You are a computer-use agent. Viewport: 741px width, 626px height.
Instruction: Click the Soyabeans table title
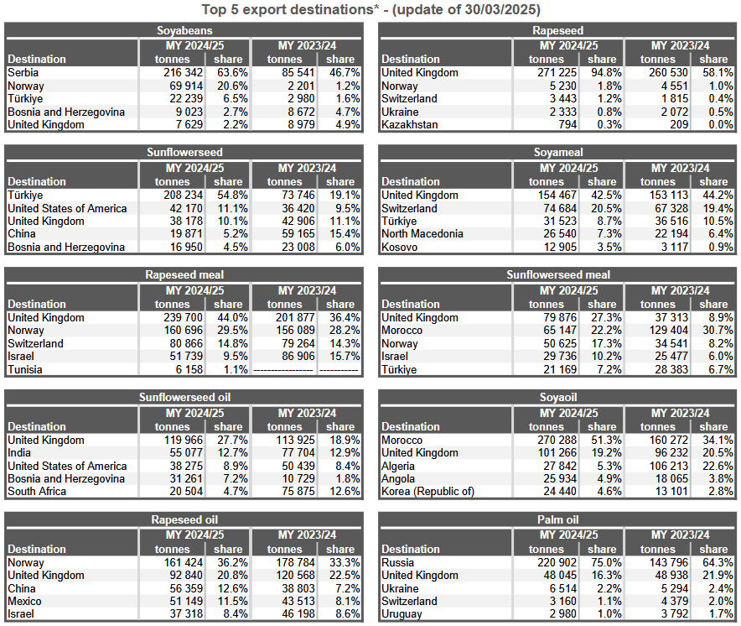[x=184, y=31]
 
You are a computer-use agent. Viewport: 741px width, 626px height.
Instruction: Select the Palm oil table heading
[x=557, y=519]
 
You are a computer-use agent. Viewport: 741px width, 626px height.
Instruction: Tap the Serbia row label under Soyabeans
[x=23, y=72]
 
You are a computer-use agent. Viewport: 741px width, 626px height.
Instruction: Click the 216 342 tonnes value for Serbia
[x=183, y=72]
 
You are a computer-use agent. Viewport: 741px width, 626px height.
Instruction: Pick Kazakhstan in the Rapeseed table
[x=409, y=124]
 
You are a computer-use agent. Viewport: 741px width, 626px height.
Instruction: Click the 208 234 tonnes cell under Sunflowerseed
[x=183, y=195]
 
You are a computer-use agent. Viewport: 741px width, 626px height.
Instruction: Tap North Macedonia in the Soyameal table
[x=422, y=234]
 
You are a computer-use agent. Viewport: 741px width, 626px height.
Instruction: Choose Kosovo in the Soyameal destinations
[x=399, y=247]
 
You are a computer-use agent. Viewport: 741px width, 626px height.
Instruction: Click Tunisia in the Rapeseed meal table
[x=24, y=369]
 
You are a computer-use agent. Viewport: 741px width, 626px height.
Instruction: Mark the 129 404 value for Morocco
[x=669, y=331]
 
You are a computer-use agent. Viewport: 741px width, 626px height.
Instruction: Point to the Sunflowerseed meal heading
[x=558, y=275]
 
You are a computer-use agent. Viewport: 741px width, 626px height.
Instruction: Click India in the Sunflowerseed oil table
[x=19, y=453]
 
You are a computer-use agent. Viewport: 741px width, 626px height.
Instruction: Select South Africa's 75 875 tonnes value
[x=298, y=492]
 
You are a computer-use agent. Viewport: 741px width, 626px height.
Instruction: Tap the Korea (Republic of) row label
[x=427, y=492]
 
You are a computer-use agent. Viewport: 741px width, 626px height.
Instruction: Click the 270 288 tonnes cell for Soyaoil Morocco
[x=557, y=440]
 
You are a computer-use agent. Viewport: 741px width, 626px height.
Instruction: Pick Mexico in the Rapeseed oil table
[x=24, y=602]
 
